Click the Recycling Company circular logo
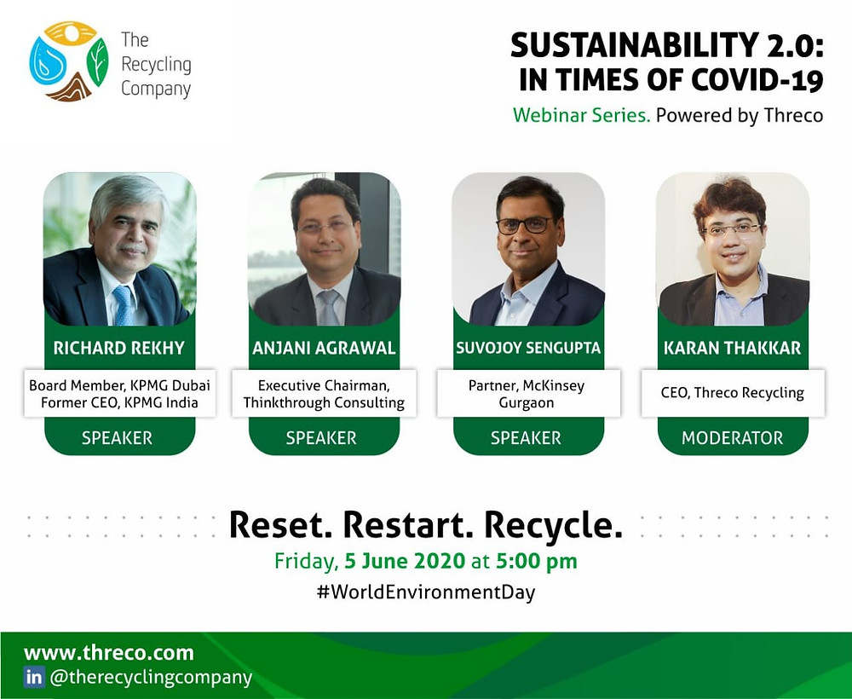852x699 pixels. coord(69,61)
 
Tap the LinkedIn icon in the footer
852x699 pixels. coord(34,677)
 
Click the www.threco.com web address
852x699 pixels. coord(109,652)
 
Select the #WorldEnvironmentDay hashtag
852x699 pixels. coord(426,592)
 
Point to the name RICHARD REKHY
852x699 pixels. coord(119,348)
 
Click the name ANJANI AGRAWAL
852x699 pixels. coord(324,348)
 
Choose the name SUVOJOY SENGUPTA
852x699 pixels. coord(528,348)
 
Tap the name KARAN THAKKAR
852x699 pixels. coord(733,348)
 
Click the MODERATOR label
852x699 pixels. coord(733,438)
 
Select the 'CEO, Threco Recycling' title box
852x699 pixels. coord(733,393)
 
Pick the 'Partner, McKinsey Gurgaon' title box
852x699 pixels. coord(528,393)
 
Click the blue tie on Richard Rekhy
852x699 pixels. coord(124,304)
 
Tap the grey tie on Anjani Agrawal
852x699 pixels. coord(328,308)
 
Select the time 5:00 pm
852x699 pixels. coord(536,561)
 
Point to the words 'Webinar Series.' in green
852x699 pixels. coord(581,115)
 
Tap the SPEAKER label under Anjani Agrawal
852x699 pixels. coord(321,438)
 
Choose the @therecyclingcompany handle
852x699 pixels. coord(151,678)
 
